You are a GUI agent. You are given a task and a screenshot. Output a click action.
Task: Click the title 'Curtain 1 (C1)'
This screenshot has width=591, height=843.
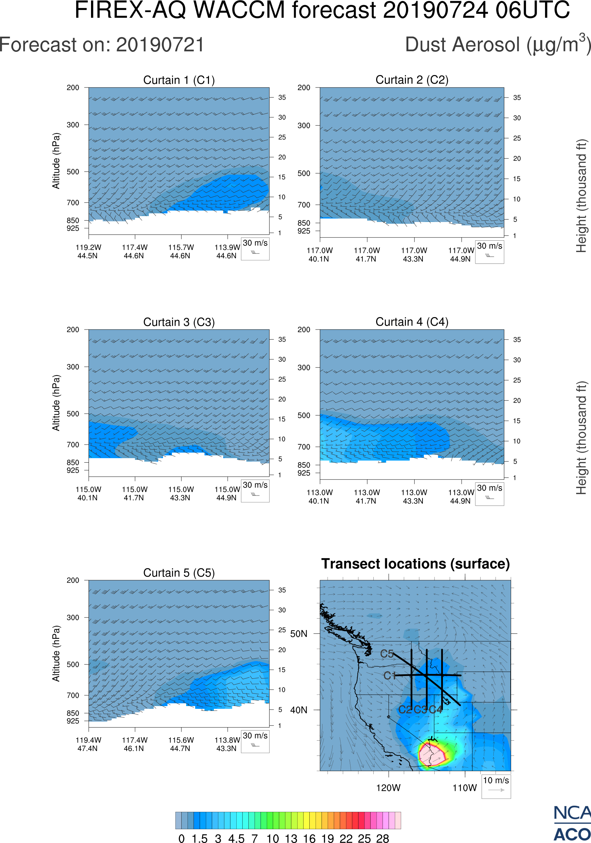tap(179, 80)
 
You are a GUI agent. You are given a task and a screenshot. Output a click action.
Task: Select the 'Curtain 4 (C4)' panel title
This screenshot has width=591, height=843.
tap(412, 322)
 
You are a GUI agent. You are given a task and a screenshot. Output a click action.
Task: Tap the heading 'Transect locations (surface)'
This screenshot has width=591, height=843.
tap(416, 564)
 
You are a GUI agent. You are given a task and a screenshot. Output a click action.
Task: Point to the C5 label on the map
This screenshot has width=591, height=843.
tap(387, 654)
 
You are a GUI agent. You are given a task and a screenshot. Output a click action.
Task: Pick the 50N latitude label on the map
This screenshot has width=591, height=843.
tap(299, 634)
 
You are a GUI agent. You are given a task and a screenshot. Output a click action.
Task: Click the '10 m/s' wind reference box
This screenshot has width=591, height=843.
tap(496, 786)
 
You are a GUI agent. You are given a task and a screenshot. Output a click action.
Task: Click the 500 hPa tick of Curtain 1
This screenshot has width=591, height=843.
tap(73, 172)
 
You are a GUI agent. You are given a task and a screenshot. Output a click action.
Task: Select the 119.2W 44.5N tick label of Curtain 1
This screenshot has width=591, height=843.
tap(88, 251)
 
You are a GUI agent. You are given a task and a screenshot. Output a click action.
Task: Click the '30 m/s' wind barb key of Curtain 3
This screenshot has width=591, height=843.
tap(255, 491)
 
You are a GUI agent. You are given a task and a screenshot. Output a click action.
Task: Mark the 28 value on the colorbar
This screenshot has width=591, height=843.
tap(382, 838)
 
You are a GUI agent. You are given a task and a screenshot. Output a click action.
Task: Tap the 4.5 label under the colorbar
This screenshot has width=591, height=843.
tap(236, 838)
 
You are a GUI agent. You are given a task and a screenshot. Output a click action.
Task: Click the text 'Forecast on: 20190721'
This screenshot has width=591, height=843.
tap(102, 45)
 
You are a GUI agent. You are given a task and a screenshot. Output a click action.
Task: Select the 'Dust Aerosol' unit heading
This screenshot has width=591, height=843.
tap(498, 45)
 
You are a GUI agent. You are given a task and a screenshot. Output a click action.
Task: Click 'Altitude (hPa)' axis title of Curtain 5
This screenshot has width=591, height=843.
tap(56, 653)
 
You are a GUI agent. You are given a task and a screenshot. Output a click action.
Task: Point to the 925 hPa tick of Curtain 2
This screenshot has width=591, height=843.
tap(304, 231)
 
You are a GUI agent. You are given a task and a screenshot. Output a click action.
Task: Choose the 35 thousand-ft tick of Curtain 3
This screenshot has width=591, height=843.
tap(282, 340)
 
